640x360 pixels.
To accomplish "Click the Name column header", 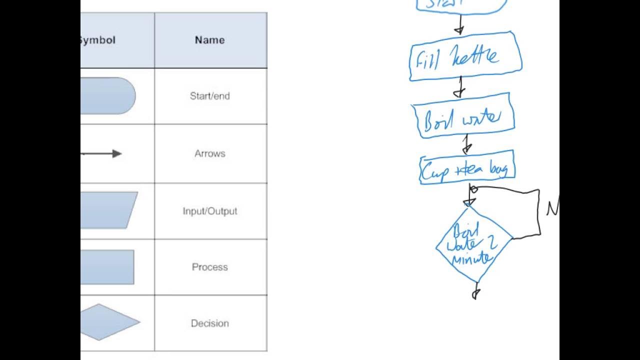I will coord(209,40).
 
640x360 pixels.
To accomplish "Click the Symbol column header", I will coord(97,40).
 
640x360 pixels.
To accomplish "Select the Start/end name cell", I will coord(209,96).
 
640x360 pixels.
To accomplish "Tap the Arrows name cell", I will coord(209,153).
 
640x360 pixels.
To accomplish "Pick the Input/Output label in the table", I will coord(209,211).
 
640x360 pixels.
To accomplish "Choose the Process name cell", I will coord(209,267).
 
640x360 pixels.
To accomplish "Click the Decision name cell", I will coord(209,323).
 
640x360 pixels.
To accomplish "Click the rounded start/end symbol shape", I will coord(107,95).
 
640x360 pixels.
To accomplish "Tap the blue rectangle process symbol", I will coord(107,267).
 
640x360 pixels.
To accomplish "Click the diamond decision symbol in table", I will coord(110,322).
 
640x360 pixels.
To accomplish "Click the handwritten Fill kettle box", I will coord(465,56).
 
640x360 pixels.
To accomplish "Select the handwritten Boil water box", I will coord(462,116).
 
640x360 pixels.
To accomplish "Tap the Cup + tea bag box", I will coord(467,168).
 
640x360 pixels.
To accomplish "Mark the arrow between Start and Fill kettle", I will coord(458,24).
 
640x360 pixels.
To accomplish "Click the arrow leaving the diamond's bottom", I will coord(476,290).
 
